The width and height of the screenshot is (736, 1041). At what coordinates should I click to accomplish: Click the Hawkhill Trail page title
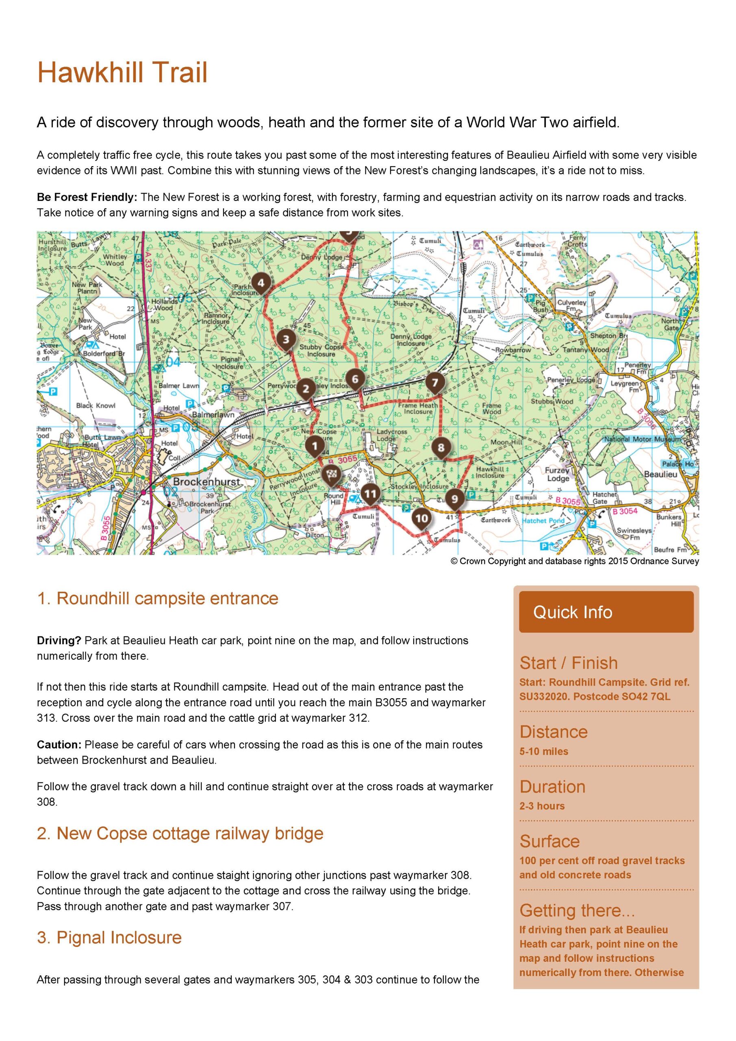coord(122,72)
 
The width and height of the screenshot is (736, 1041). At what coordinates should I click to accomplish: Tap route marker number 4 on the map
coord(261,283)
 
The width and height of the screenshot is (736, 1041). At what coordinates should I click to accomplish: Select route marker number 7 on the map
coord(434,382)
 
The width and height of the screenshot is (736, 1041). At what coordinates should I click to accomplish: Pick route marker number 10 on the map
coord(421,518)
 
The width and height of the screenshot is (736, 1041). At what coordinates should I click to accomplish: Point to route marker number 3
coord(286,339)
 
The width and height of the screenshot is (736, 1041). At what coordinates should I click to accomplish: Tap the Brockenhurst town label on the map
coord(206,481)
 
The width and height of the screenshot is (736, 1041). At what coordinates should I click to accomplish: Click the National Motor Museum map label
coord(642,439)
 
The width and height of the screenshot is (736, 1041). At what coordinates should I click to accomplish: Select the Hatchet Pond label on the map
coord(543,520)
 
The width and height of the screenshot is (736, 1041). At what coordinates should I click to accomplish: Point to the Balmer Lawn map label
coord(178,386)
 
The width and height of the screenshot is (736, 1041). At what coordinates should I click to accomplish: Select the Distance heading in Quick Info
coord(554,732)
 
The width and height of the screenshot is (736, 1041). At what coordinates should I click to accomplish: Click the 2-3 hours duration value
coord(542,806)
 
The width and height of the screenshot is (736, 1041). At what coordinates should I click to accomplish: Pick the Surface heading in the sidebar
coord(549,841)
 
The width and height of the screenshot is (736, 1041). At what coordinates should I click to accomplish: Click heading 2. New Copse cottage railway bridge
coord(180,833)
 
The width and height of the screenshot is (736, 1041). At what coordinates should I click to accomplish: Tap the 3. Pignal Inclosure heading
coord(109,937)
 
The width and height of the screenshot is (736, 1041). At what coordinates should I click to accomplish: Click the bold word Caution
coord(59,745)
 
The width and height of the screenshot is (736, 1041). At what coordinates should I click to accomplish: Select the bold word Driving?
coord(59,640)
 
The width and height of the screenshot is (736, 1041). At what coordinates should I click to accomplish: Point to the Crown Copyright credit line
coord(575,561)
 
